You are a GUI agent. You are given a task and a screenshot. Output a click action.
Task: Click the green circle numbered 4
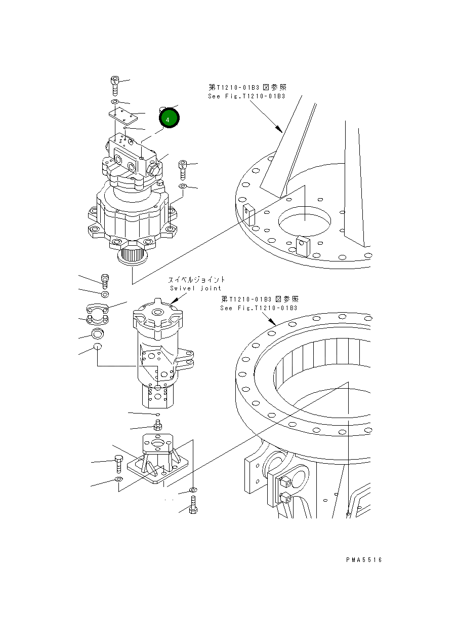(x=169, y=119)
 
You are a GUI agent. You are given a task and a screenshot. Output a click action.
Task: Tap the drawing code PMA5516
(x=363, y=560)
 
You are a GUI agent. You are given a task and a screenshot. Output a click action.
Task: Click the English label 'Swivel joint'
(x=195, y=288)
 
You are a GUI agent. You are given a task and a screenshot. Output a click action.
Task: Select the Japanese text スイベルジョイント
(x=196, y=279)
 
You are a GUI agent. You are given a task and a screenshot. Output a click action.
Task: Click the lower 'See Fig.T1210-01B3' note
(x=258, y=308)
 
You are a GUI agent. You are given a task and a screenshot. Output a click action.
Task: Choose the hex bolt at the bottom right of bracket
(x=193, y=505)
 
